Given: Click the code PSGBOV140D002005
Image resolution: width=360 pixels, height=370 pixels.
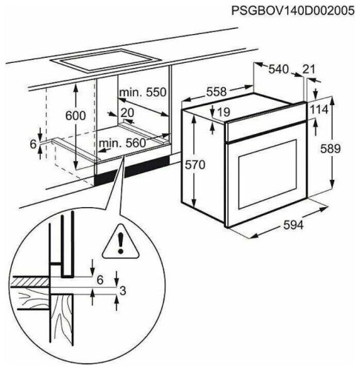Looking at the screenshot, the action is tap(293, 11).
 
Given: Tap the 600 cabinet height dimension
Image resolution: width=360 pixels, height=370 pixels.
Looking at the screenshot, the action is tap(76, 115).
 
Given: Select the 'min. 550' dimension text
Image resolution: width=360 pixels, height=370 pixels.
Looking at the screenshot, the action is tap(143, 92).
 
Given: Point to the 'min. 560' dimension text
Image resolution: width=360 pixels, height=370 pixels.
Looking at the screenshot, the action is tap(122, 143).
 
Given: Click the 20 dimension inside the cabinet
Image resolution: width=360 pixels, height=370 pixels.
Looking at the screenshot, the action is tap(127, 113).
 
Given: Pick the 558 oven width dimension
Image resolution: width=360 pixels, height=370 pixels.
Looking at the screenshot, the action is tap(216, 92).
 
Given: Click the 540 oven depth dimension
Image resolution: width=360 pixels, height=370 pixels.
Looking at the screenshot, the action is tap(279, 70).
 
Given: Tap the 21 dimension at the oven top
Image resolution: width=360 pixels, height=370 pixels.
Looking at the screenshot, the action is tap(309, 70).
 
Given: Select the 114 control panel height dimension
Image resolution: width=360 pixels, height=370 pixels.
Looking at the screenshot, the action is tap(319, 110).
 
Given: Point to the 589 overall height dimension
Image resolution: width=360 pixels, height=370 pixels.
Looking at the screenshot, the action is tap(330, 149).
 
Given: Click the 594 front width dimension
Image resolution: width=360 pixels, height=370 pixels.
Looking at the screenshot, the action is tap(293, 225).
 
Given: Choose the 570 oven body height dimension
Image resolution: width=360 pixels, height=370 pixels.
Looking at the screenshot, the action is tap(195, 164).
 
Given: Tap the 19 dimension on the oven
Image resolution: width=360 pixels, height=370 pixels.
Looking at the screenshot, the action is tap(224, 112).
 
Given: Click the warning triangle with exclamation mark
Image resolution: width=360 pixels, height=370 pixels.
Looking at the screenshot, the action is tap(121, 242).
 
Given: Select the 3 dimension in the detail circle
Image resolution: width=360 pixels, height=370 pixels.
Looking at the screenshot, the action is tap(122, 291).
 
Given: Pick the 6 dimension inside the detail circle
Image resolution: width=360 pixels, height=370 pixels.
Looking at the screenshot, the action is tap(100, 280).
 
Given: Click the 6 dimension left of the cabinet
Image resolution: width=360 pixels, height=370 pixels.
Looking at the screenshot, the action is tap(33, 144).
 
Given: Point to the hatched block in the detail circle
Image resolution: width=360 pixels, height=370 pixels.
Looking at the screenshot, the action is tap(30, 281).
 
